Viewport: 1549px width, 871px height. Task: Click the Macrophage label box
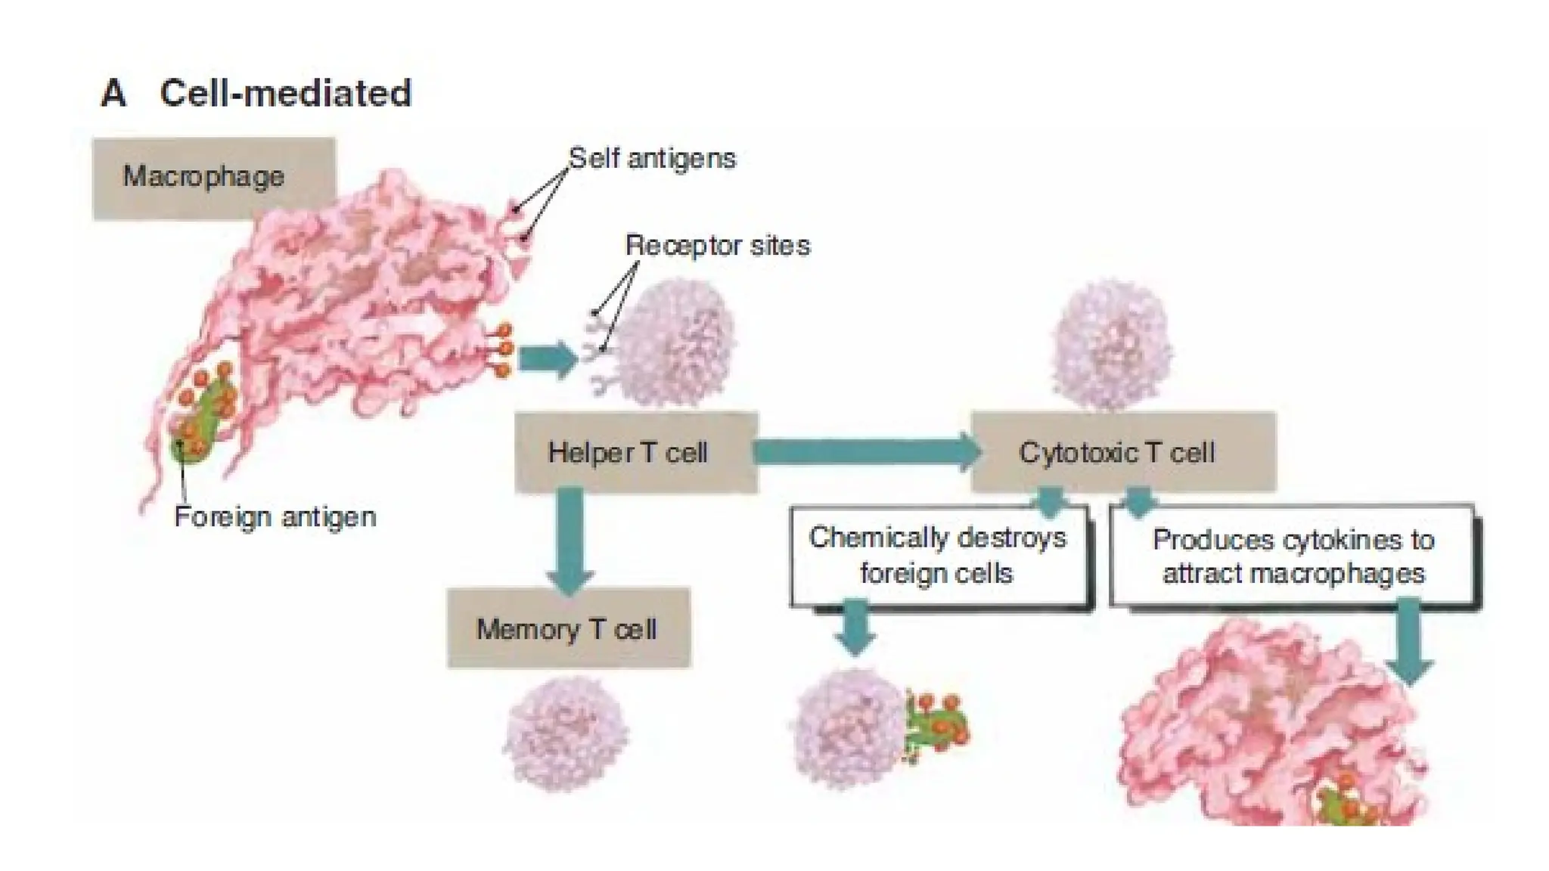tap(213, 177)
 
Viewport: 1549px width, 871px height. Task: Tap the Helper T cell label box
tap(635, 452)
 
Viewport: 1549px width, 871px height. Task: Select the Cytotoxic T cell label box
tap(1122, 452)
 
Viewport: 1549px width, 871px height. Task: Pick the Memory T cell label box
tap(568, 628)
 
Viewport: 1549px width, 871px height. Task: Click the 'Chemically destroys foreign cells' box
tap(938, 556)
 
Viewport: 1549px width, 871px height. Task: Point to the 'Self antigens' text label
tap(652, 159)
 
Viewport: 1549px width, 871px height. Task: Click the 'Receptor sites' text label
tap(717, 246)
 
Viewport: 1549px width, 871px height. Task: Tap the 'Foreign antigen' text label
tap(275, 517)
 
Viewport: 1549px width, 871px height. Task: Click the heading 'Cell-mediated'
tap(286, 94)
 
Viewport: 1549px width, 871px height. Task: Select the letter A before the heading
tap(113, 94)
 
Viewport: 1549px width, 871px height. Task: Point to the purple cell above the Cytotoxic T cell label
tap(1112, 344)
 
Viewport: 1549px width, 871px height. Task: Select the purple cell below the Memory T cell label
tap(566, 732)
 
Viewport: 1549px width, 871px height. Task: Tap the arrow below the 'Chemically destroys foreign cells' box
tap(855, 626)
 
